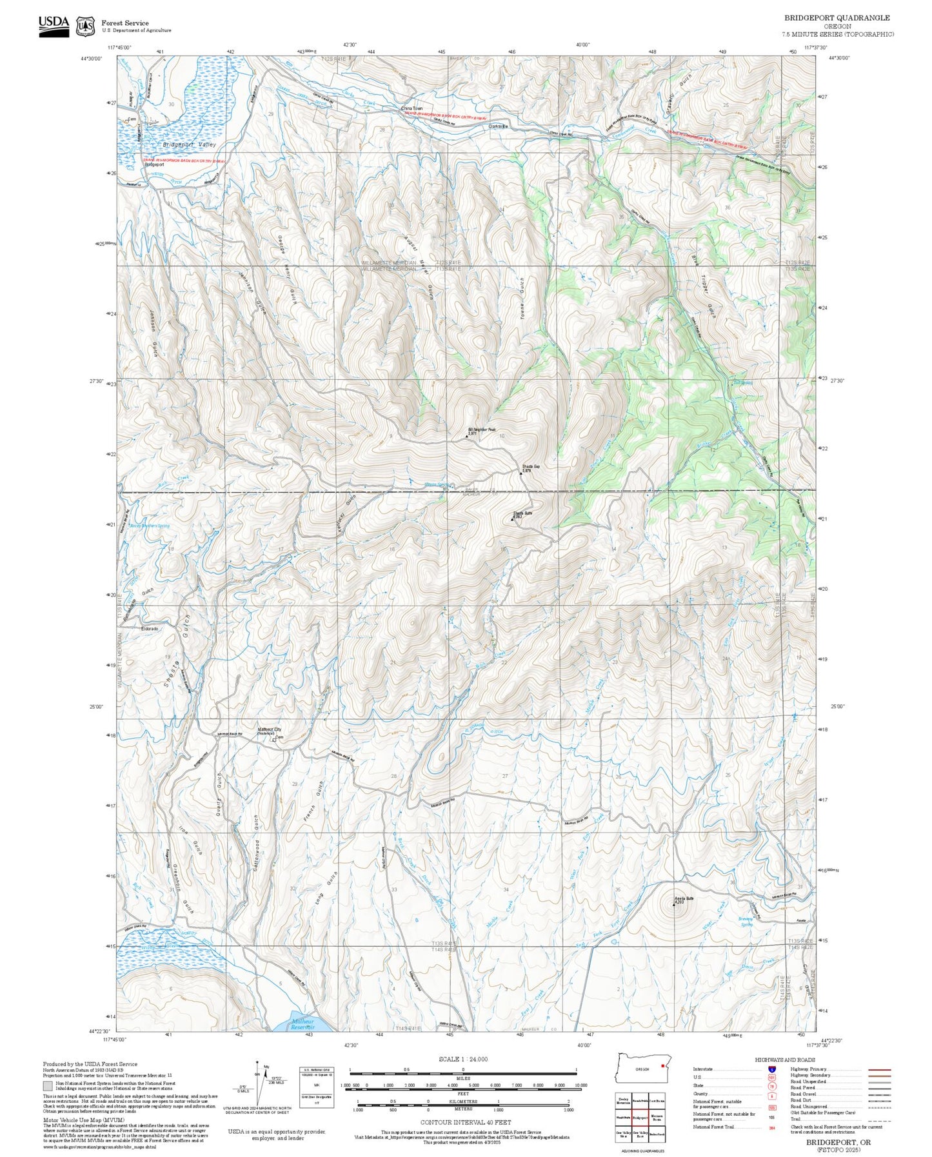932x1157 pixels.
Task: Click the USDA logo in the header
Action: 54,26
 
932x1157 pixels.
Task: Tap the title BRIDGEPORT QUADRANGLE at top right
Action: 837,18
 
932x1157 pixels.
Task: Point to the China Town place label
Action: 411,108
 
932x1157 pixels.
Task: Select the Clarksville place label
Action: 499,126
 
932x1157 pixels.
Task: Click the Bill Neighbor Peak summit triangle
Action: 467,437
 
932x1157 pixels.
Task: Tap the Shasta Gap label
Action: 531,466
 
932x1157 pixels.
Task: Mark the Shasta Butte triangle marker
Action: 513,519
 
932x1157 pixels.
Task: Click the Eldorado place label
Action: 149,628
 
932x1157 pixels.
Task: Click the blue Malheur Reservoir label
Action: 302,1024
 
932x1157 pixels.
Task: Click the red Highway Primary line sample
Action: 879,1070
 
